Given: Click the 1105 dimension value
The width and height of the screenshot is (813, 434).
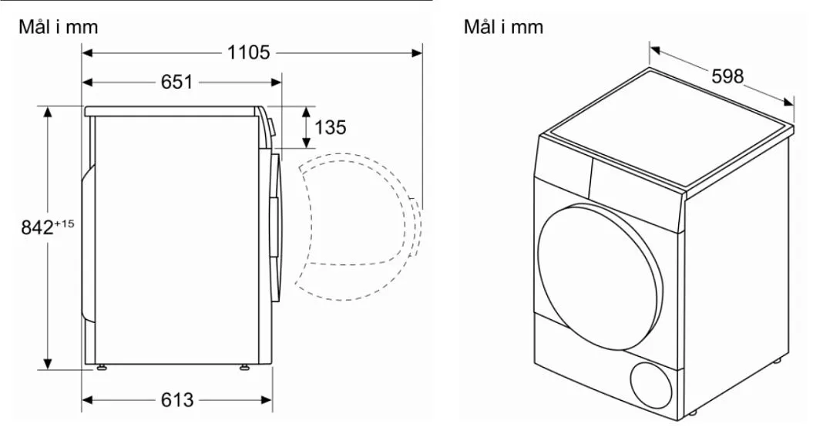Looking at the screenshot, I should [249, 52].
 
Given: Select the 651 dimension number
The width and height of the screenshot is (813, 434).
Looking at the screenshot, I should [176, 82].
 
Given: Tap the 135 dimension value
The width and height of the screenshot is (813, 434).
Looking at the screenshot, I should [330, 127].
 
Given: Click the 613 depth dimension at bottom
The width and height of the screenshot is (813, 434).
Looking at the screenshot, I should [177, 400].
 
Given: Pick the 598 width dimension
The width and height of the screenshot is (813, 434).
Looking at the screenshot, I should [727, 76].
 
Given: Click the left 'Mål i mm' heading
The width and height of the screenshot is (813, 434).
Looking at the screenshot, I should [59, 27].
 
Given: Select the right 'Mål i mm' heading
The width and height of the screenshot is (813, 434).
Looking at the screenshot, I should [503, 27].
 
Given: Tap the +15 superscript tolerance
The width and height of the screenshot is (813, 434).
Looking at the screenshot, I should [65, 223].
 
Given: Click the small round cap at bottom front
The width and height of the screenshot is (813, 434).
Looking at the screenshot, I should [653, 383].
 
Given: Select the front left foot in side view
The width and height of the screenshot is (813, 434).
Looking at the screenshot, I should [101, 368].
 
